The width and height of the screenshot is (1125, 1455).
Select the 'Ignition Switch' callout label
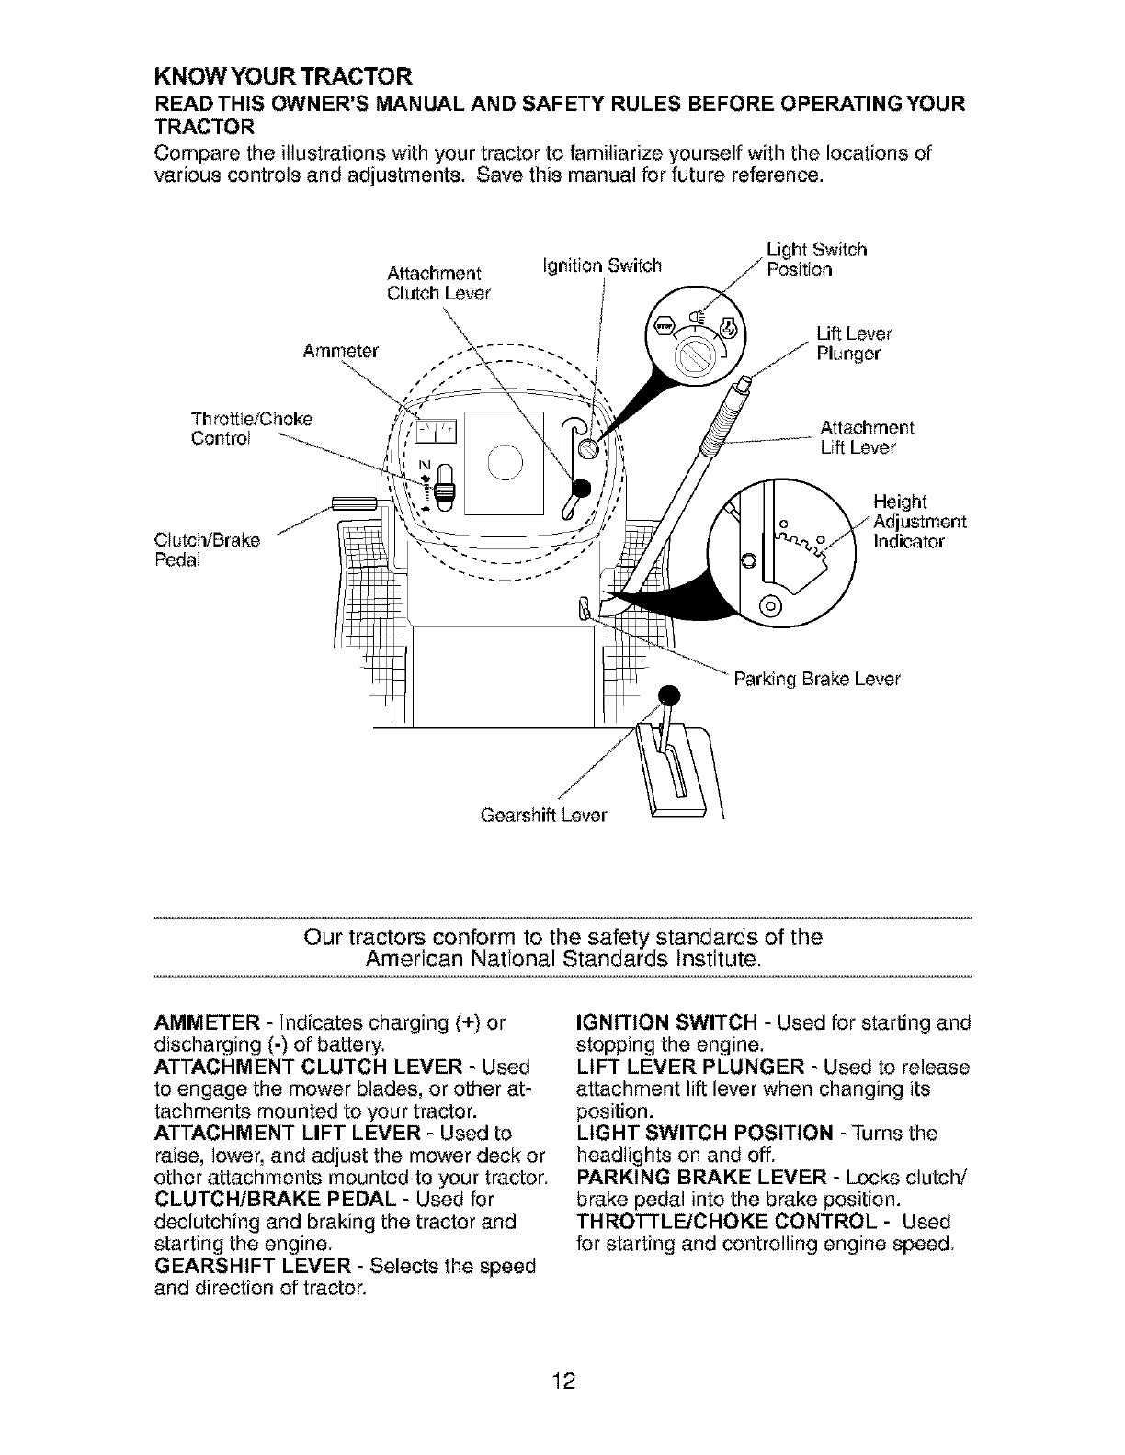603,267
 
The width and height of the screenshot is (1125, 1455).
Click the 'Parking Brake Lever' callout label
815,680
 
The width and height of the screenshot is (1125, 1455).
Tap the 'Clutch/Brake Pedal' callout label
208,548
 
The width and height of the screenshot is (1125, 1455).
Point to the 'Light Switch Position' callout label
816,259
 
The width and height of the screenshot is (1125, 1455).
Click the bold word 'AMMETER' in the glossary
194,1023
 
